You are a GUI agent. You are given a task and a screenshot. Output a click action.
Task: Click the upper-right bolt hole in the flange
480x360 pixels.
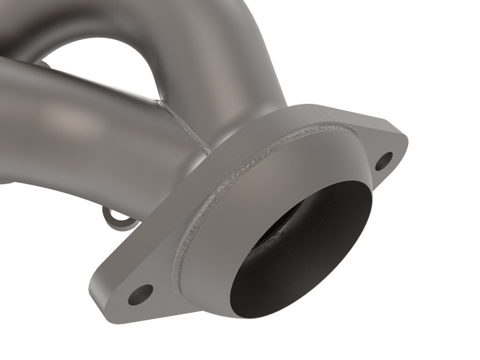coord(384,160)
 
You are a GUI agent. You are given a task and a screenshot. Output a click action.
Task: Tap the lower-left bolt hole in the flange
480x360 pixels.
coord(140,293)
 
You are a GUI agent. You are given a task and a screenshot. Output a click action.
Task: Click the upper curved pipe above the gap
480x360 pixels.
coord(198,36)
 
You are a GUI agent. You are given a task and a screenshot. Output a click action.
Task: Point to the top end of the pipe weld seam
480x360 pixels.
coord(160,103)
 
